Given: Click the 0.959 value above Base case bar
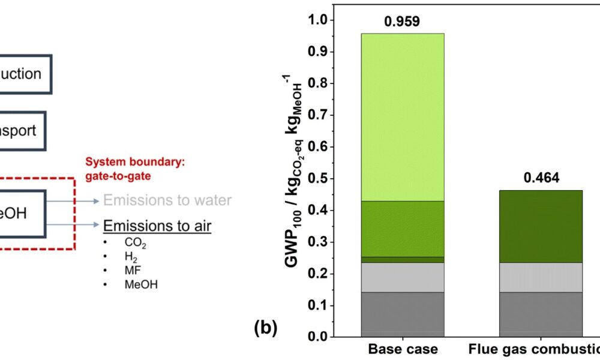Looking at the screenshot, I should pos(402,23).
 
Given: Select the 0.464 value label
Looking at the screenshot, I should pos(541,178).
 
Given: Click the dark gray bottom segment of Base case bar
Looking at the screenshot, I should pos(402,314).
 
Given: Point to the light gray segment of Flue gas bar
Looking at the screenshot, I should pos(541,277).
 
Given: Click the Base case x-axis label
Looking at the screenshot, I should pos(402,349).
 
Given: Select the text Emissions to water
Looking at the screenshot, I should pos(167,200).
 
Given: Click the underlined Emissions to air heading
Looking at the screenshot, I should pos(157,226).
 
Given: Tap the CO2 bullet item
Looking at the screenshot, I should pos(136,245).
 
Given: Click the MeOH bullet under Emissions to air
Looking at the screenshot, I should pos(141,284).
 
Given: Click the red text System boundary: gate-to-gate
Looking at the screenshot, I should pos(128,169).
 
